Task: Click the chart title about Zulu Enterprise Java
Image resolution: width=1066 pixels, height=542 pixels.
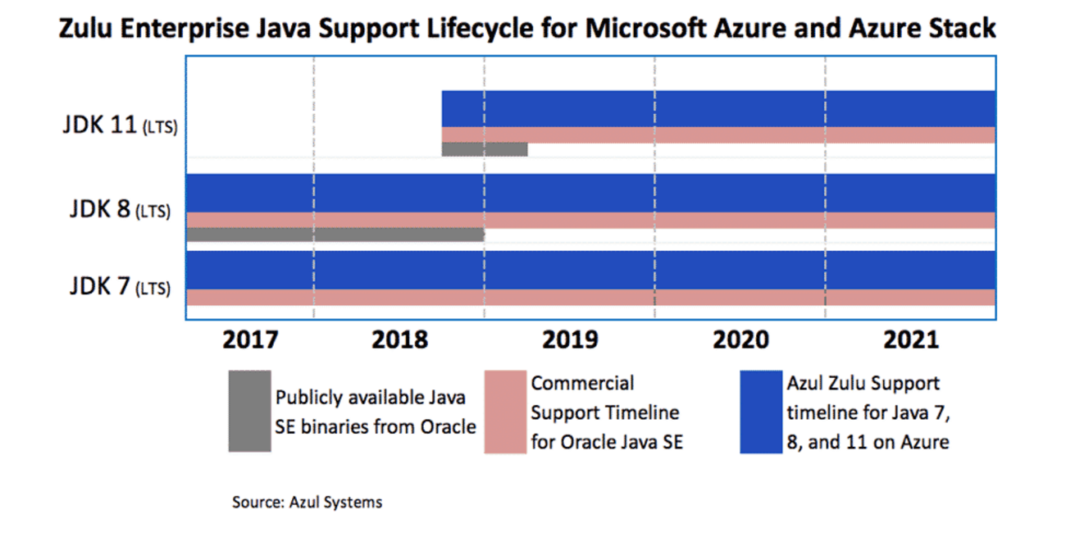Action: [x=527, y=30]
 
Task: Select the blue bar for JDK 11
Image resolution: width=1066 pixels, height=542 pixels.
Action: [x=718, y=108]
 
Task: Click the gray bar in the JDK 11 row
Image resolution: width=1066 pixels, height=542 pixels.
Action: [x=484, y=149]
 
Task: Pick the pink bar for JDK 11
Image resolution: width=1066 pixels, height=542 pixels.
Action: [x=718, y=135]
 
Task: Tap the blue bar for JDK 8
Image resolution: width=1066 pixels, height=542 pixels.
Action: [x=590, y=193]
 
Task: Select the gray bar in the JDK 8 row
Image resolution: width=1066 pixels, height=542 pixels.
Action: [x=335, y=235]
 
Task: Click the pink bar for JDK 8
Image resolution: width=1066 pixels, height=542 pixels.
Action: [x=590, y=220]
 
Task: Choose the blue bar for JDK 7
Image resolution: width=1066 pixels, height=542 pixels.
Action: [x=590, y=270]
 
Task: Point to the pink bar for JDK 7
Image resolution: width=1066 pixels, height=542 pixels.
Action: [x=590, y=297]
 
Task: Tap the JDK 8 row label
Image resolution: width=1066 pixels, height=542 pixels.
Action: [x=120, y=209]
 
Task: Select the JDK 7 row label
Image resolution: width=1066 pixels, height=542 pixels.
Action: [x=120, y=288]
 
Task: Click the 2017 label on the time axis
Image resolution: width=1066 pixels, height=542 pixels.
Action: [x=250, y=339]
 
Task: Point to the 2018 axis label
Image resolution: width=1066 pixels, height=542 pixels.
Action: [x=399, y=339]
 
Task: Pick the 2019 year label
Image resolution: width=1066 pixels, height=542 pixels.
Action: [x=569, y=339]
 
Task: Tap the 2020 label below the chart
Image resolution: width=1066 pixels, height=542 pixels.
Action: [x=740, y=339]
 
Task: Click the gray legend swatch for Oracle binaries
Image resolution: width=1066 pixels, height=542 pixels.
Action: [x=249, y=411]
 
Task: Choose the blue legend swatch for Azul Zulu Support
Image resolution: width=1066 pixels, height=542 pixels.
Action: [x=761, y=412]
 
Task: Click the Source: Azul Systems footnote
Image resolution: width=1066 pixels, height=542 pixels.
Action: [x=307, y=502]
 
